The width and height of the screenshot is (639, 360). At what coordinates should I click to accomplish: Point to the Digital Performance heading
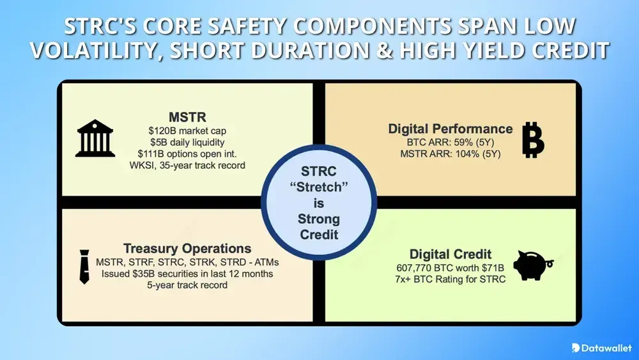[450, 129]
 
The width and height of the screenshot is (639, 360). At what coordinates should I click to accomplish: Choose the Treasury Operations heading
[187, 249]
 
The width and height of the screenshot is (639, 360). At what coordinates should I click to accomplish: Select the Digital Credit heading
[450, 254]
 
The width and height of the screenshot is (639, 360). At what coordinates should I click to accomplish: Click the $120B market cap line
[187, 131]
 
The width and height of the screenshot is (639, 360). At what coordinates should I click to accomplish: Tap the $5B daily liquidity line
[187, 143]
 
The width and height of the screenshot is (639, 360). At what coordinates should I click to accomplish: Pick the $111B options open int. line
[187, 154]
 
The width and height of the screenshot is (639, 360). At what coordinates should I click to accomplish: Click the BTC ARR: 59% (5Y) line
[450, 143]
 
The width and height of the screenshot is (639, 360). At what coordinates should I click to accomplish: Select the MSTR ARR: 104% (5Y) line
[450, 154]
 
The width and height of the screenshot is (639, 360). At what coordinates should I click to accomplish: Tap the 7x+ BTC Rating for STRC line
[450, 279]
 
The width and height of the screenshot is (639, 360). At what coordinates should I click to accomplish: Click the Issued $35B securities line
[187, 274]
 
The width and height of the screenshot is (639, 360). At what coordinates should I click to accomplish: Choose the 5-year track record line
[187, 285]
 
